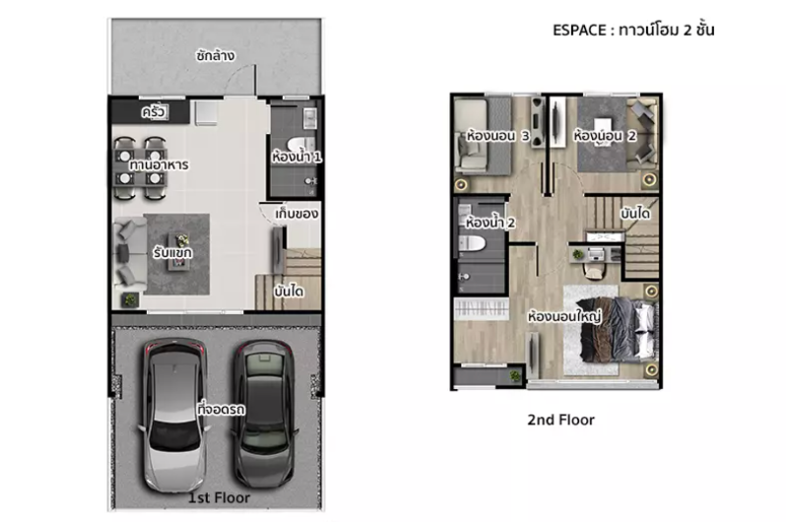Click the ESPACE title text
(633, 31)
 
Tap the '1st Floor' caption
(219, 498)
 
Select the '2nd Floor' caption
(560, 420)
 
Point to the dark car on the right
(265, 414)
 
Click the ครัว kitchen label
(154, 111)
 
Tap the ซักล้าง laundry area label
(215, 55)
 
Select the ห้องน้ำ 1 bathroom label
(296, 157)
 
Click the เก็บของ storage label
(296, 214)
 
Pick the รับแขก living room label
(172, 252)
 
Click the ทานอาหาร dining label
(159, 164)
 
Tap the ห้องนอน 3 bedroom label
(497, 136)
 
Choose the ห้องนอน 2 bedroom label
(605, 136)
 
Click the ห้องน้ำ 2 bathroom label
(490, 222)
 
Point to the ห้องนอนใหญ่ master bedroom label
(564, 316)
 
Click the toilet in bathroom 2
(472, 244)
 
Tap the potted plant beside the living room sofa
(130, 300)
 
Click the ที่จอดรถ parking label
(221, 410)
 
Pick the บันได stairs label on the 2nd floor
(635, 214)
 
